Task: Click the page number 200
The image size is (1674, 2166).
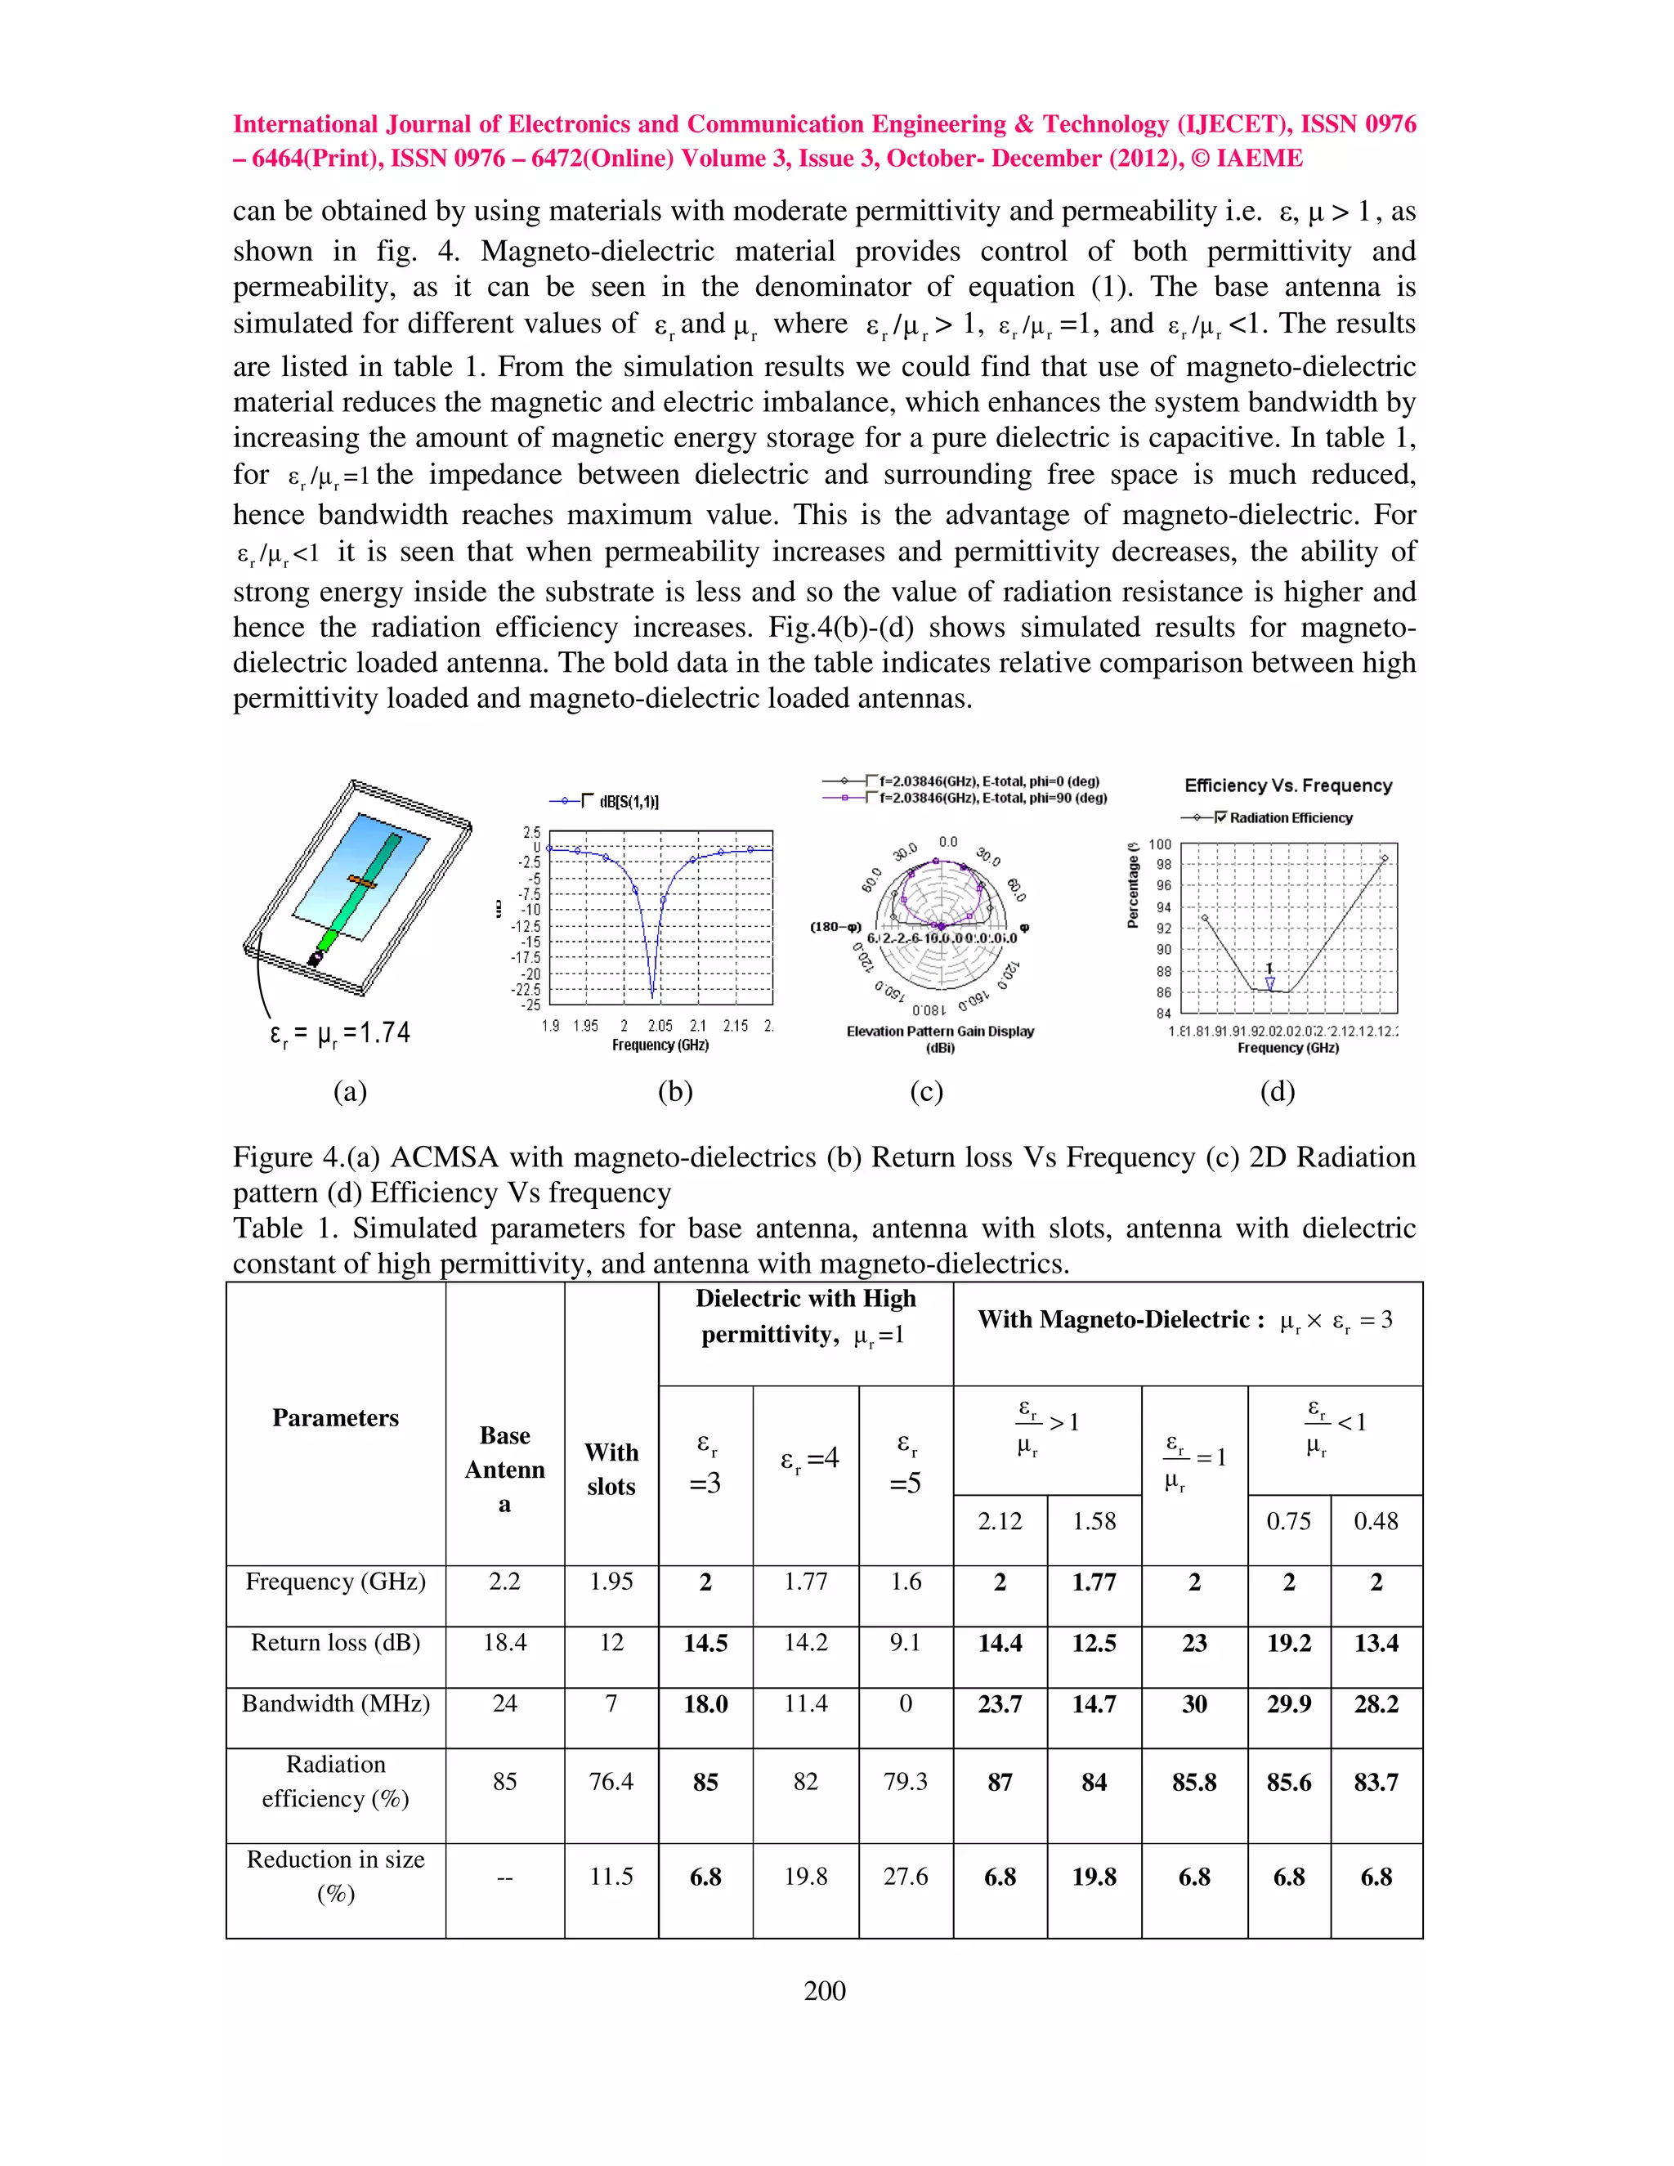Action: pos(824,1990)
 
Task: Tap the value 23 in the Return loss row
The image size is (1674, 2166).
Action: pos(1194,1642)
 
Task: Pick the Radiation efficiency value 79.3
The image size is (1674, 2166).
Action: pos(905,1781)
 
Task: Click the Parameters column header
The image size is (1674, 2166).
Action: pos(335,1417)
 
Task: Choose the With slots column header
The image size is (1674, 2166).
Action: pos(611,1469)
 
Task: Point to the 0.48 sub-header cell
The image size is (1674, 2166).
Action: pos(1376,1520)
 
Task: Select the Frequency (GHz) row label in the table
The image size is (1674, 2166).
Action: pos(335,1581)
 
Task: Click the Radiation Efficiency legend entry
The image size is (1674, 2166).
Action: pos(1290,817)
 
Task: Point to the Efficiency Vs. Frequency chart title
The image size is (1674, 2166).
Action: pos(1287,785)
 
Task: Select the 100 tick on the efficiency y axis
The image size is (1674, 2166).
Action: pos(1159,844)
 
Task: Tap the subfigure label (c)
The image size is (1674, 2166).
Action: pos(925,1091)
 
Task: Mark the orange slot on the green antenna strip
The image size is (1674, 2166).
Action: pos(362,879)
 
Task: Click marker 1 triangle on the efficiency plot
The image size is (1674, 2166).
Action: pos(1269,982)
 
